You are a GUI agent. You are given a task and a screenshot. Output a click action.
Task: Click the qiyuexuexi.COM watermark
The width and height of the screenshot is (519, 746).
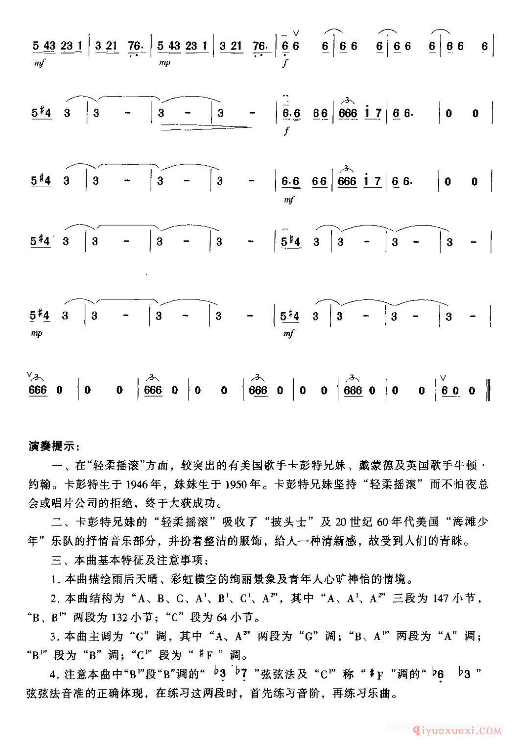[457, 731]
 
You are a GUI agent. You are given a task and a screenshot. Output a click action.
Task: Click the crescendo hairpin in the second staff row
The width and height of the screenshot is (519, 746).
[206, 128]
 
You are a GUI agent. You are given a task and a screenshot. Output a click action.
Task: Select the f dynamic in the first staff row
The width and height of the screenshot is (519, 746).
[286, 63]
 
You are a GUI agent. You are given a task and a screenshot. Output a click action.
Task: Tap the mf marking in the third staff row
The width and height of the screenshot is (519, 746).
[289, 199]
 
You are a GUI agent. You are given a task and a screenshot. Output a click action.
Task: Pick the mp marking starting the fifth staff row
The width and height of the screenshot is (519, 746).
[37, 333]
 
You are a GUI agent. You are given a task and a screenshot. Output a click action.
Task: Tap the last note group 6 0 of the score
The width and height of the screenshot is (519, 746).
[449, 391]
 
